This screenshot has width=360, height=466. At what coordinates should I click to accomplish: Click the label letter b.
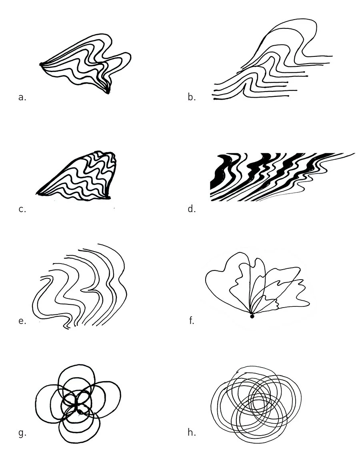pyautogui.click(x=191, y=97)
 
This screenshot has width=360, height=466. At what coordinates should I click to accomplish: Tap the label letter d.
pyautogui.click(x=191, y=208)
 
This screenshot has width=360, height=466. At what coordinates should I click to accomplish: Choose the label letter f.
pyautogui.click(x=191, y=320)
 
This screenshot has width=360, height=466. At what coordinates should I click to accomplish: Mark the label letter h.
pyautogui.click(x=191, y=432)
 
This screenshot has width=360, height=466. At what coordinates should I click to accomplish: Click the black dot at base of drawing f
pyautogui.click(x=252, y=316)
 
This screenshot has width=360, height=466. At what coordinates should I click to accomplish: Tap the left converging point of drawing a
pyautogui.click(x=41, y=64)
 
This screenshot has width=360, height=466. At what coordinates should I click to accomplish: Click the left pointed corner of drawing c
pyautogui.click(x=38, y=194)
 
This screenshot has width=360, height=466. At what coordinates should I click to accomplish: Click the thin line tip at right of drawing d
pyautogui.click(x=354, y=153)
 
